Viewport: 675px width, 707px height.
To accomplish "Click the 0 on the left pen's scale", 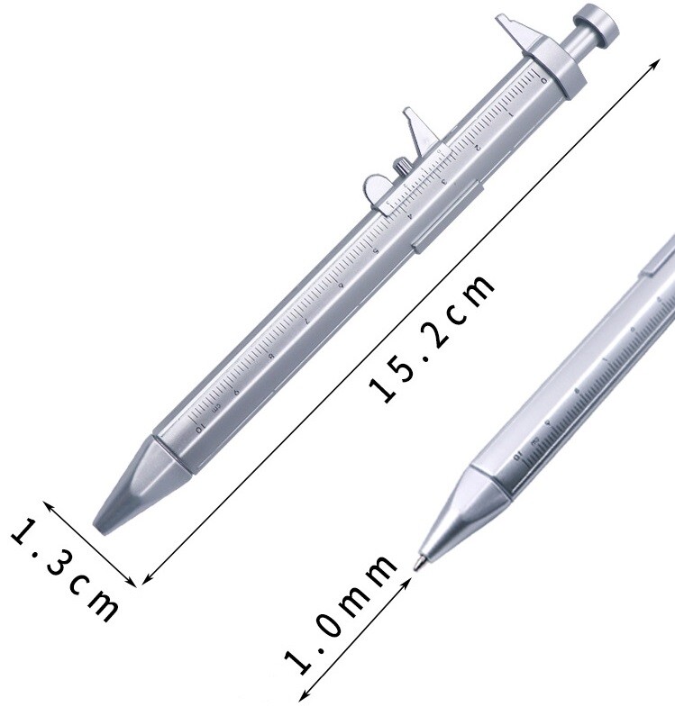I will (543, 83).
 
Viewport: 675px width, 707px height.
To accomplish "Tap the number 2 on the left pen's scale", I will (477, 146).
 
